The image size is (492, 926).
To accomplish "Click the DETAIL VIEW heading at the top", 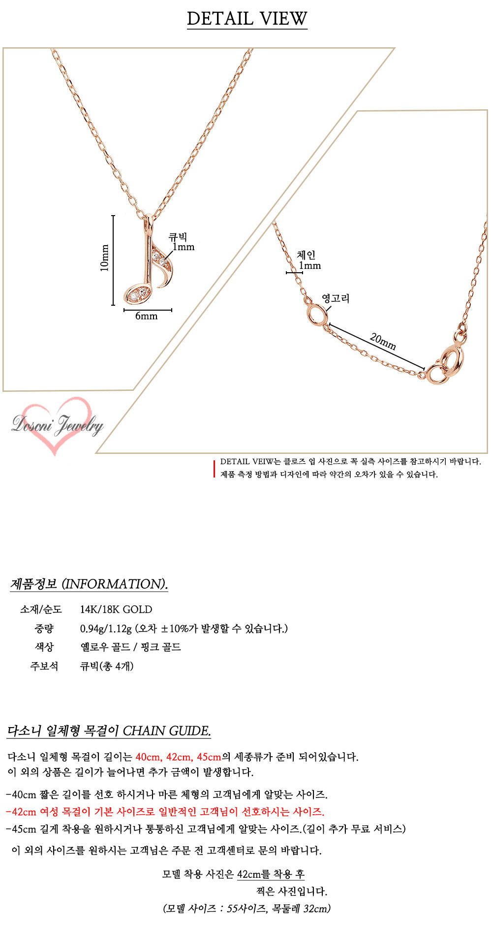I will [247, 19].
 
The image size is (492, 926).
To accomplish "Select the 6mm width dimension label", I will [147, 317].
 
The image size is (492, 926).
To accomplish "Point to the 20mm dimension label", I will [383, 341].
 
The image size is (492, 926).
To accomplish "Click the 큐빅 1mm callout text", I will [181, 242].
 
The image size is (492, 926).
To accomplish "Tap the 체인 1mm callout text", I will [308, 260].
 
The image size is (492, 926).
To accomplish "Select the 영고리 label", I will [336, 298].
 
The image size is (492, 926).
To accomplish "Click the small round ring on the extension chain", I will [316, 316].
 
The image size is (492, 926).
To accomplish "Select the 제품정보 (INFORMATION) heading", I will [89, 584].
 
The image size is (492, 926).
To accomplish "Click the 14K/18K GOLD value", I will [116, 609].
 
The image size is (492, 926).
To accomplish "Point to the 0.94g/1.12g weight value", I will [106, 629].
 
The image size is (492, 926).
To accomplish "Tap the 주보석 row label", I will [44, 666].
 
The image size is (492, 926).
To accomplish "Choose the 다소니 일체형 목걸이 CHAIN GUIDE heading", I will [109, 731].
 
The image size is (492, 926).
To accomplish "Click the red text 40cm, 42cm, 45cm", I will [178, 757].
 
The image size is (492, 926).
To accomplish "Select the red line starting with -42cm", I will [165, 812].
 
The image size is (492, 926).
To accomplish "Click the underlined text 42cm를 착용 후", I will [271, 874].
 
